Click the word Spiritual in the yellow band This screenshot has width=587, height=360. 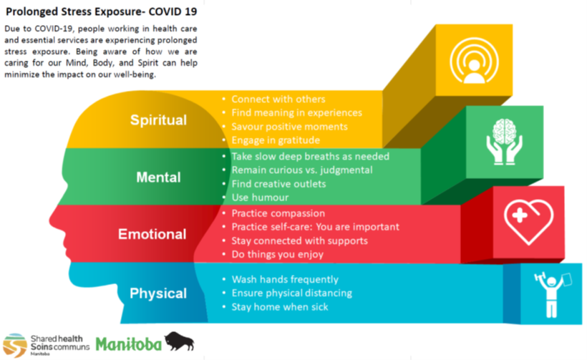[158, 120]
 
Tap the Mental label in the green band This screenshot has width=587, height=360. [158, 177]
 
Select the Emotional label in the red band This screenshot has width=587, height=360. [152, 234]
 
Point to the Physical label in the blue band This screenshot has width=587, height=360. [158, 293]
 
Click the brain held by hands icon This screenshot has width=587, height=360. [504, 142]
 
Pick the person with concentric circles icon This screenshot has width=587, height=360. [474, 61]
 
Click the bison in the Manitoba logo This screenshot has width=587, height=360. [179, 341]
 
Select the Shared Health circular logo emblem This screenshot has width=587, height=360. [15, 345]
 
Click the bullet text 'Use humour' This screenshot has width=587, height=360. [260, 198]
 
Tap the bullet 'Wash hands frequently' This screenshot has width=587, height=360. [285, 280]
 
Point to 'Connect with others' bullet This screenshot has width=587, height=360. [278, 99]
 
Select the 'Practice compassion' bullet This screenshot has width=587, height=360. [278, 213]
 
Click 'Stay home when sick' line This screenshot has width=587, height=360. [280, 307]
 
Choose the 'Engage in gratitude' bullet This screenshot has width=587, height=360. [276, 140]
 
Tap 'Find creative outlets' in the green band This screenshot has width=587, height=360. [278, 184]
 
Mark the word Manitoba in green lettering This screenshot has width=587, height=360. [128, 344]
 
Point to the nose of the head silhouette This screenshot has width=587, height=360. [52, 220]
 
